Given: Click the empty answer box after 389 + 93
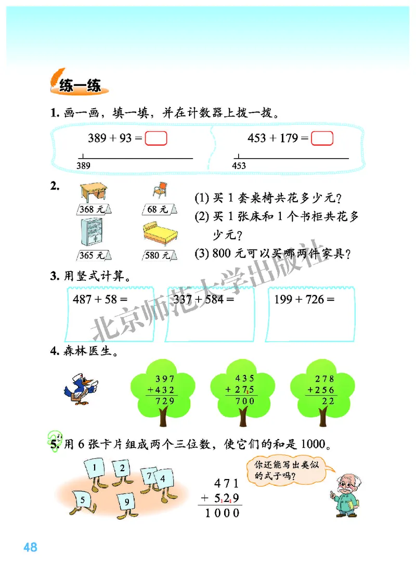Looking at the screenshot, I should [156, 138].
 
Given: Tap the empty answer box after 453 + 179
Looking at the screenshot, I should [322, 138].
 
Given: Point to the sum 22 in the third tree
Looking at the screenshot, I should [328, 400].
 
